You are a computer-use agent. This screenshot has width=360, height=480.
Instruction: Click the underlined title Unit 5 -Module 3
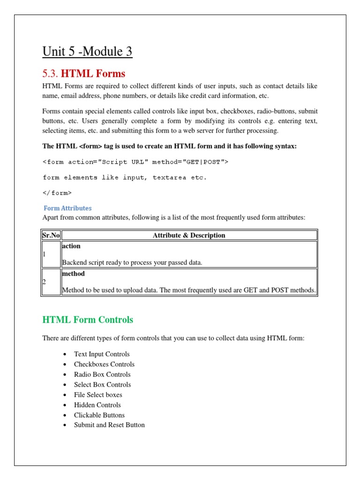[87, 51]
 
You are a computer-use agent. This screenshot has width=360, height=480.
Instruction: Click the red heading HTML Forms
[84, 74]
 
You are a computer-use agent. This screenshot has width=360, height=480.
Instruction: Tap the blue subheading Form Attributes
[67, 208]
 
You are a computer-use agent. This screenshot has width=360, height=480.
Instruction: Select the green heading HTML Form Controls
[88, 320]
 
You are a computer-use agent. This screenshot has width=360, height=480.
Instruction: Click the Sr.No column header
[51, 235]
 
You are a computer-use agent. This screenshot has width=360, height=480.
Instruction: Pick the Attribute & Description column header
[189, 235]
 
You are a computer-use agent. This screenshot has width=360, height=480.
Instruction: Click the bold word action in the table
[71, 246]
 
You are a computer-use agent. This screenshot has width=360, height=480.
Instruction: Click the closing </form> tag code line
[57, 193]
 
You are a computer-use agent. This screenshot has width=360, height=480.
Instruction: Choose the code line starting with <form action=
[135, 162]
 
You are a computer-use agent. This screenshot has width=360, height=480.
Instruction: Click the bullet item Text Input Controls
[102, 354]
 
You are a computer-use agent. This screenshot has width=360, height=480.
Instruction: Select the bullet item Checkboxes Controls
[104, 364]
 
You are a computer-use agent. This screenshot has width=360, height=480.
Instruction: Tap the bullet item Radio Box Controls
[102, 375]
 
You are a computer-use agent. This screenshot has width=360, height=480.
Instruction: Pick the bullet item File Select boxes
[98, 395]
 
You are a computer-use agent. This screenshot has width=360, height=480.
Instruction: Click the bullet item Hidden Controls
[97, 405]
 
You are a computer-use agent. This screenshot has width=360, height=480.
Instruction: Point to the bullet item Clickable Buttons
[99, 415]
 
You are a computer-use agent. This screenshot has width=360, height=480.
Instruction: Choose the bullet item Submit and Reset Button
[109, 425]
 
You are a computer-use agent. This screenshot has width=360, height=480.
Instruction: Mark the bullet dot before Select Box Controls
[64, 385]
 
